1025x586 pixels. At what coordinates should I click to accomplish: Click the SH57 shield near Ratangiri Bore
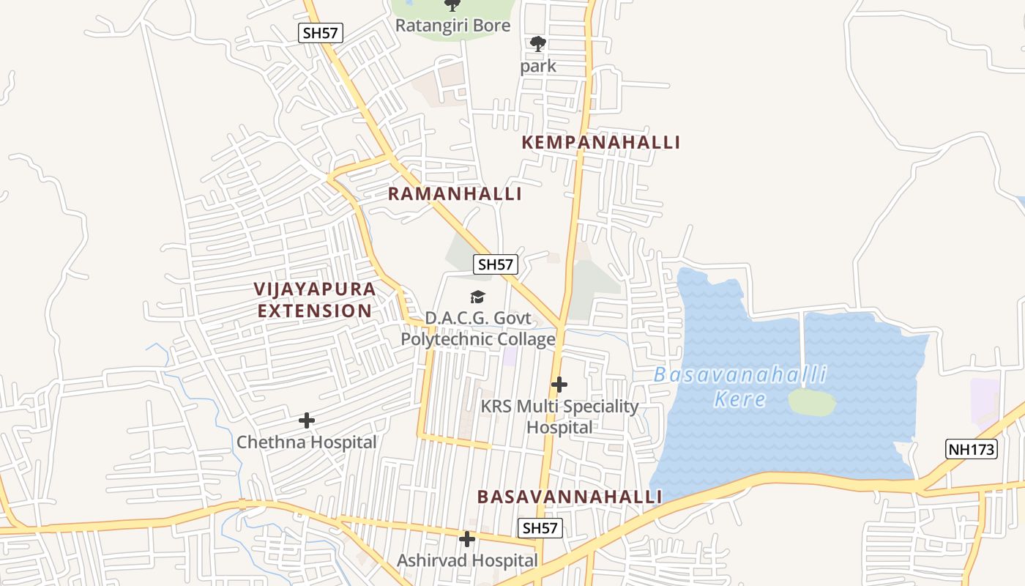tap(321, 32)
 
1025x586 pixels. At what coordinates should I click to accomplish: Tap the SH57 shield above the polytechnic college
tap(496, 264)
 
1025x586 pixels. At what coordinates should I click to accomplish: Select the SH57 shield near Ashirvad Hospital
tap(540, 527)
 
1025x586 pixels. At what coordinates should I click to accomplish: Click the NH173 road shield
tap(972, 449)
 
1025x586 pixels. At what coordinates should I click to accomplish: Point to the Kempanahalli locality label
tap(600, 142)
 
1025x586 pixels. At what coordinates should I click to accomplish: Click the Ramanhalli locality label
tap(455, 194)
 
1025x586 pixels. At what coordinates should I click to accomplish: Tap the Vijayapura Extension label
tap(315, 300)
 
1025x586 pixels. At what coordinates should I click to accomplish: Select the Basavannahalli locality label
tap(570, 497)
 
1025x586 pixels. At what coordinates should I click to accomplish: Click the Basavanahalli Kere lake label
tap(739, 387)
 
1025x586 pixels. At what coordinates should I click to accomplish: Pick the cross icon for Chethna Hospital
tap(307, 420)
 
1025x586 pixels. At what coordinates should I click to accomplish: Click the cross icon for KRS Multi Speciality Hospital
tap(559, 384)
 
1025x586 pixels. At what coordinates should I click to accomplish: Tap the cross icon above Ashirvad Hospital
tap(466, 539)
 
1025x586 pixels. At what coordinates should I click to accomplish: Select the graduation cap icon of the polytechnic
tap(477, 297)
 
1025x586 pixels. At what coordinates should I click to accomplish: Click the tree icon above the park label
tap(538, 44)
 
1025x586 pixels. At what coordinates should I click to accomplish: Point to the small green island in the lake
tap(812, 402)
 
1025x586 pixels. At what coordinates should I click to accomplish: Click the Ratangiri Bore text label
tap(452, 26)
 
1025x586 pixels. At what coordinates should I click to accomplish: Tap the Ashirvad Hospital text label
tap(467, 560)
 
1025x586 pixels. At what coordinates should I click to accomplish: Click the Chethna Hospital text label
tap(306, 442)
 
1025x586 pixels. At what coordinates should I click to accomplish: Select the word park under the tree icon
tap(538, 66)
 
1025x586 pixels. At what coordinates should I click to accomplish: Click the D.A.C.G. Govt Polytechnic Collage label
tap(477, 329)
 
